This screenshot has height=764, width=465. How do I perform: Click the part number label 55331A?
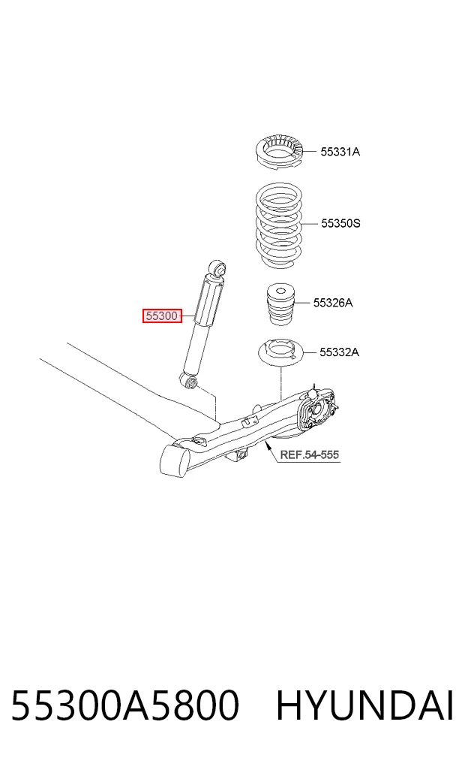click(x=340, y=152)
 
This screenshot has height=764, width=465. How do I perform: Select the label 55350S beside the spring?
click(x=340, y=224)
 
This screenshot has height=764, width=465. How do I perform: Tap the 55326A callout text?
click(x=333, y=303)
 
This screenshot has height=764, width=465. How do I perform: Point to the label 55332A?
click(x=339, y=352)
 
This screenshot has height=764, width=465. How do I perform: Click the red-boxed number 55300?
click(x=162, y=316)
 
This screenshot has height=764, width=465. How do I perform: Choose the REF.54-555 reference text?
click(x=309, y=455)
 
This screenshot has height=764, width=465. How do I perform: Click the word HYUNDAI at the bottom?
click(x=364, y=705)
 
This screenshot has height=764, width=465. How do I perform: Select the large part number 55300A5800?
click(x=125, y=705)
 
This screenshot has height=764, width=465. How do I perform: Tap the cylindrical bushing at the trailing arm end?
click(x=174, y=460)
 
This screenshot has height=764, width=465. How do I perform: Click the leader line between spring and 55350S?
click(x=310, y=224)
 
